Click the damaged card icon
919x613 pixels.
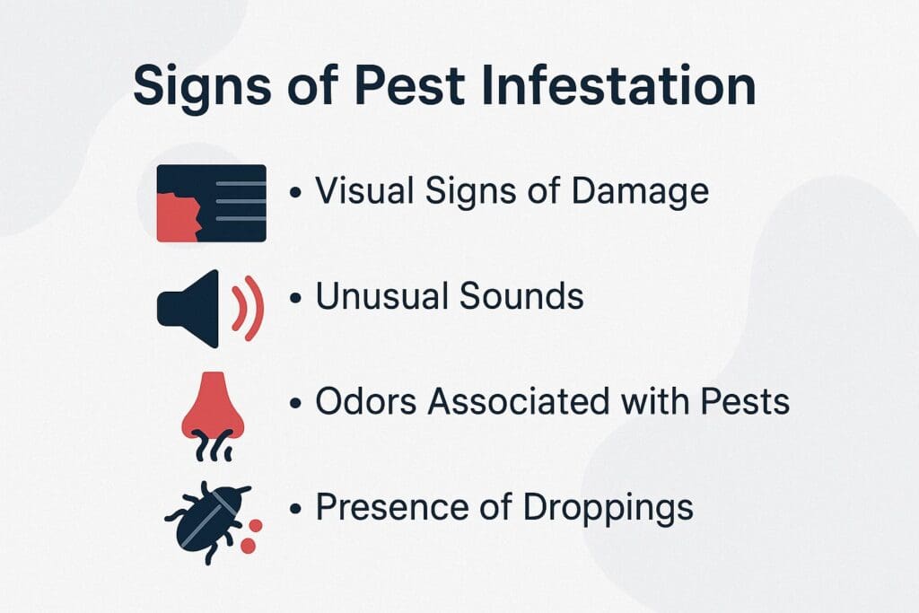tap(211, 203)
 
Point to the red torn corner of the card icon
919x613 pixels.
tap(178, 218)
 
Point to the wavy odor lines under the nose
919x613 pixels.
tap(213, 441)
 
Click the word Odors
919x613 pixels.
tap(365, 401)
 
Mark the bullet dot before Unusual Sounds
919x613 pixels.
tap(295, 298)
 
